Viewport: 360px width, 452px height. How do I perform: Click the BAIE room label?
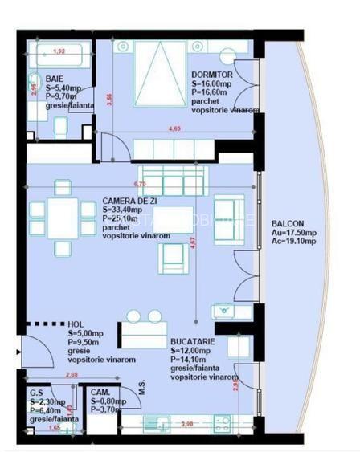pos(55,79)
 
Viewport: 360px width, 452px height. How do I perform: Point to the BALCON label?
pos(288,224)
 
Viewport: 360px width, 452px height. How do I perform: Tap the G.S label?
pos(35,393)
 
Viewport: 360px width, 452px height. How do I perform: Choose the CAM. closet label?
pos(100,393)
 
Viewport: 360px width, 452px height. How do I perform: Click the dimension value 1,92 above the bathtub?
pos(59,51)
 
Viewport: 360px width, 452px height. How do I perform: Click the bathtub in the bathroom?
pos(59,62)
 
